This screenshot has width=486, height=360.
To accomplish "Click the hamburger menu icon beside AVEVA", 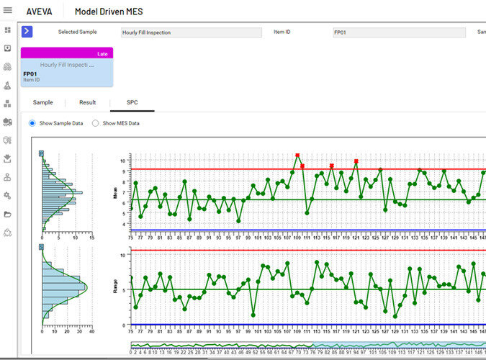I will pos(8,11).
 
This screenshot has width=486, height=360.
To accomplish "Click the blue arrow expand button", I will pos(27,31).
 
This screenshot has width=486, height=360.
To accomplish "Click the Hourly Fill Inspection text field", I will pos(191,32).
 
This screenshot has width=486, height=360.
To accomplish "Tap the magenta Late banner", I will pos(67,53).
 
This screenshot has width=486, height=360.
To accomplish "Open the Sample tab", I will pos(43,103).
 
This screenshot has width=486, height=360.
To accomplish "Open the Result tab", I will pos(87,103).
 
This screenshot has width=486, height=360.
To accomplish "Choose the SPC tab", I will pos(132,103).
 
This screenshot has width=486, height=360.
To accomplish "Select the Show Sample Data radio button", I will pos(32,123).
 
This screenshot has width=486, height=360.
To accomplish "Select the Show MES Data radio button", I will pos(96,123).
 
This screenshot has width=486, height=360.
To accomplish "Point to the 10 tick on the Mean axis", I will pos(123,160).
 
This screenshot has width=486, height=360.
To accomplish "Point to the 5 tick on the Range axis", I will pos(123,289).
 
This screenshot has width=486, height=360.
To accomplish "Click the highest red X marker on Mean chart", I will pos(297,156).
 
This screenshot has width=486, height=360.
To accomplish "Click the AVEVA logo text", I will pos(39,12).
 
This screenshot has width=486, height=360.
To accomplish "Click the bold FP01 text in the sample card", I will pos(30,73).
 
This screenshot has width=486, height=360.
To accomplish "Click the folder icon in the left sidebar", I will pos(8,214).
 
